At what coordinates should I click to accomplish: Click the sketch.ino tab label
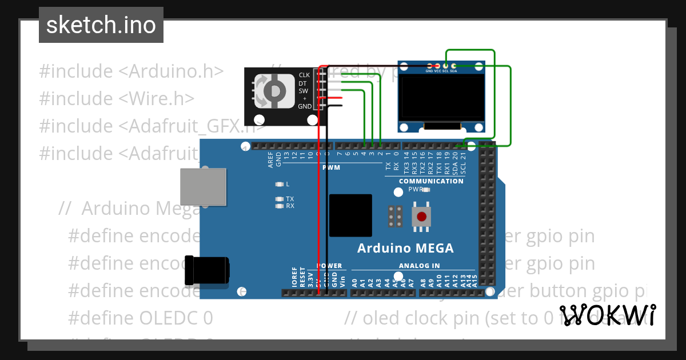pyautogui.click(x=101, y=25)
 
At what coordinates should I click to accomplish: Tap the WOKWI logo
pyautogui.click(x=607, y=315)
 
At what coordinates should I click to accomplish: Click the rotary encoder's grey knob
pyautogui.click(x=275, y=90)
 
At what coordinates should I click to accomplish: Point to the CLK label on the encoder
pyautogui.click(x=304, y=75)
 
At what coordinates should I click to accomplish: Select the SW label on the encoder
pyautogui.click(x=304, y=91)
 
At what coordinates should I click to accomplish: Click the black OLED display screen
pyautogui.click(x=441, y=99)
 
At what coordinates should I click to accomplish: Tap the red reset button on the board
pyautogui.click(x=422, y=217)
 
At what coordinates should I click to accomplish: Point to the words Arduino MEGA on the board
pyautogui.click(x=405, y=248)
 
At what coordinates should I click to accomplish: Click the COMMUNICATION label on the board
pyautogui.click(x=431, y=181)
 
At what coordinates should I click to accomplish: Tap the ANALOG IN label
pyautogui.click(x=420, y=266)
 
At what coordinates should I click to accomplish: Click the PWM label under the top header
pyautogui.click(x=331, y=168)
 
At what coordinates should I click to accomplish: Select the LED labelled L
pyautogui.click(x=279, y=184)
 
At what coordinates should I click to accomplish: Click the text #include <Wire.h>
pyautogui.click(x=117, y=98)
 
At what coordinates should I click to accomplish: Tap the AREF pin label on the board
pyautogui.click(x=271, y=159)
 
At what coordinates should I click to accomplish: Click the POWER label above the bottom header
pyautogui.click(x=329, y=266)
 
